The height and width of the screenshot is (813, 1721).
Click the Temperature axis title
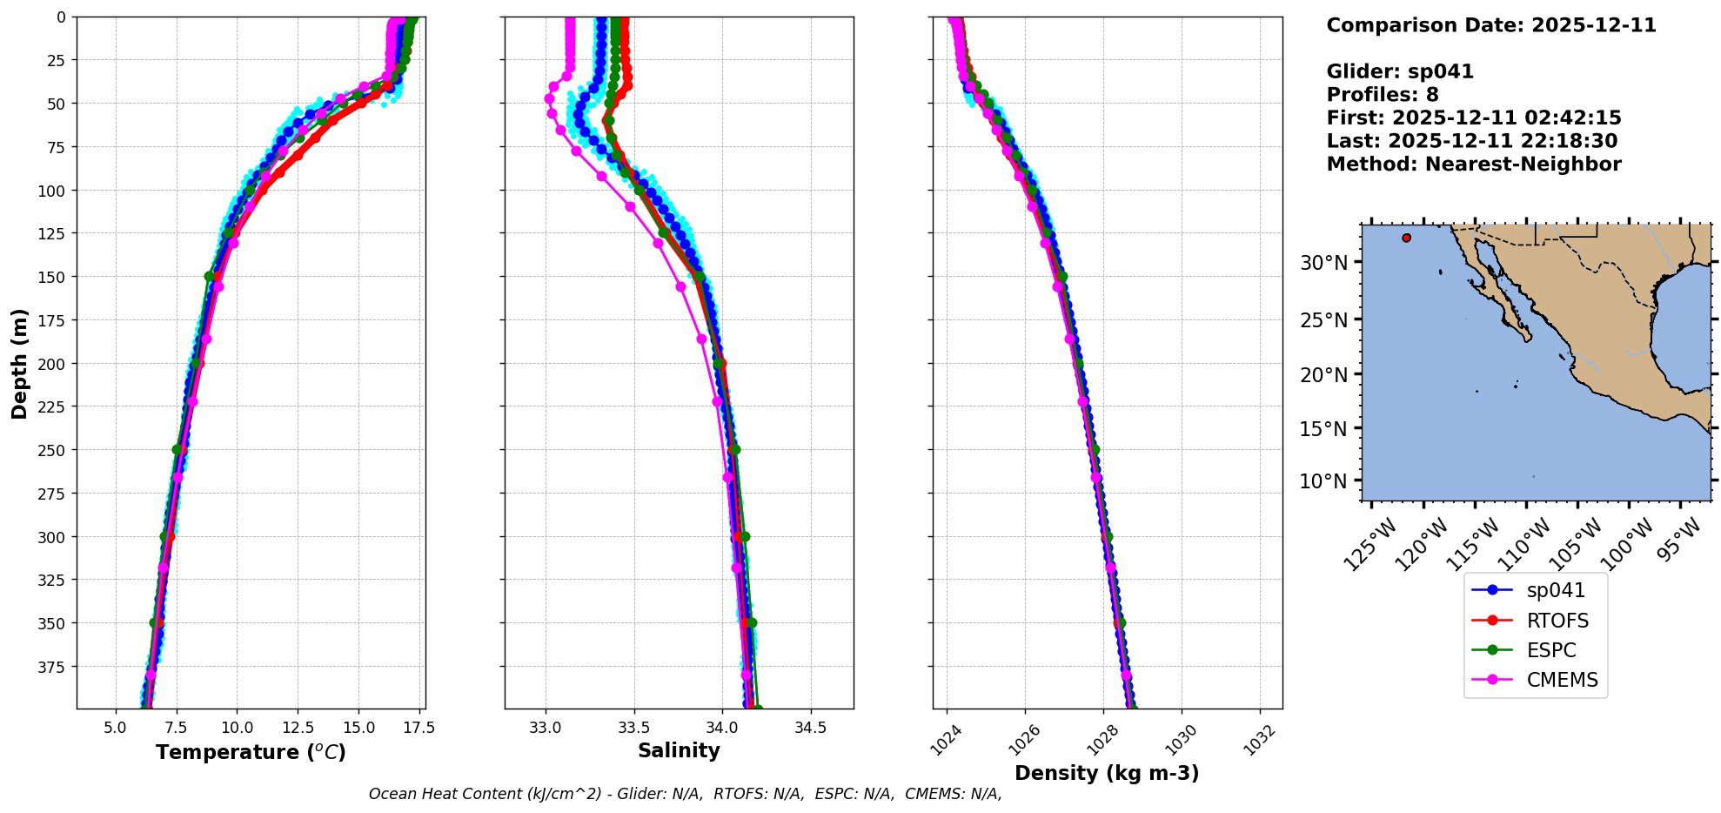pos(251,752)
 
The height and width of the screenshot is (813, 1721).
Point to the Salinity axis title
pos(679,750)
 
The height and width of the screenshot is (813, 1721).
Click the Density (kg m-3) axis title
pos(1107,773)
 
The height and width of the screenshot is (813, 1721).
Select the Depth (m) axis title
pos(19,363)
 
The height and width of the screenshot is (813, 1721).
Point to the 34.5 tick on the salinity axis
pos(811,728)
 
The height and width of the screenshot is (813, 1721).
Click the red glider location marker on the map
pos(1406,238)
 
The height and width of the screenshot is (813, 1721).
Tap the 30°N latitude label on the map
pos(1323,263)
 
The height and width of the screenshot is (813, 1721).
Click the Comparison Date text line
pos(1490,25)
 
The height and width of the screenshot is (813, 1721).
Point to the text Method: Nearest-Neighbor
pos(1473,165)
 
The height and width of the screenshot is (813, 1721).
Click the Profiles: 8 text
pos(1382,95)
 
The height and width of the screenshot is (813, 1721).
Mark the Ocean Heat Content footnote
pos(685,794)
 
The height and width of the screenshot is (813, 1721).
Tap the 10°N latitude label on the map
pos(1323,481)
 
